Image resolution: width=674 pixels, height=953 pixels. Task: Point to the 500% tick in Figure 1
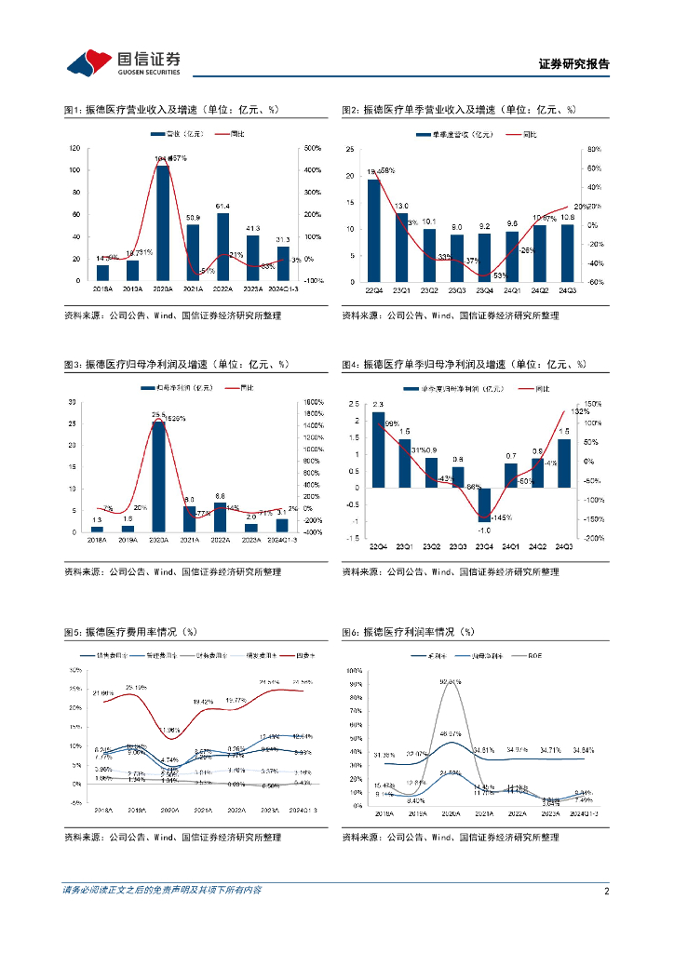(x=313, y=149)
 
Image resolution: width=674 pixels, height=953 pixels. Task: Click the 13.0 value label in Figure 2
(x=401, y=206)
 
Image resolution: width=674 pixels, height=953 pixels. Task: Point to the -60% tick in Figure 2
(x=595, y=282)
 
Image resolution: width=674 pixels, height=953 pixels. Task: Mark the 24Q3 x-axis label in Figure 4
(x=564, y=547)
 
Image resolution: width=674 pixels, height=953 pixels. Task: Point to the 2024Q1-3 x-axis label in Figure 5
(x=300, y=812)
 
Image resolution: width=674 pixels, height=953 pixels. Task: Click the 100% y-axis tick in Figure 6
(x=355, y=670)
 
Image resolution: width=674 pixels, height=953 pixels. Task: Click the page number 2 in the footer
(x=606, y=891)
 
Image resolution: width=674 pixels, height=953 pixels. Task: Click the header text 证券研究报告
(x=573, y=64)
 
